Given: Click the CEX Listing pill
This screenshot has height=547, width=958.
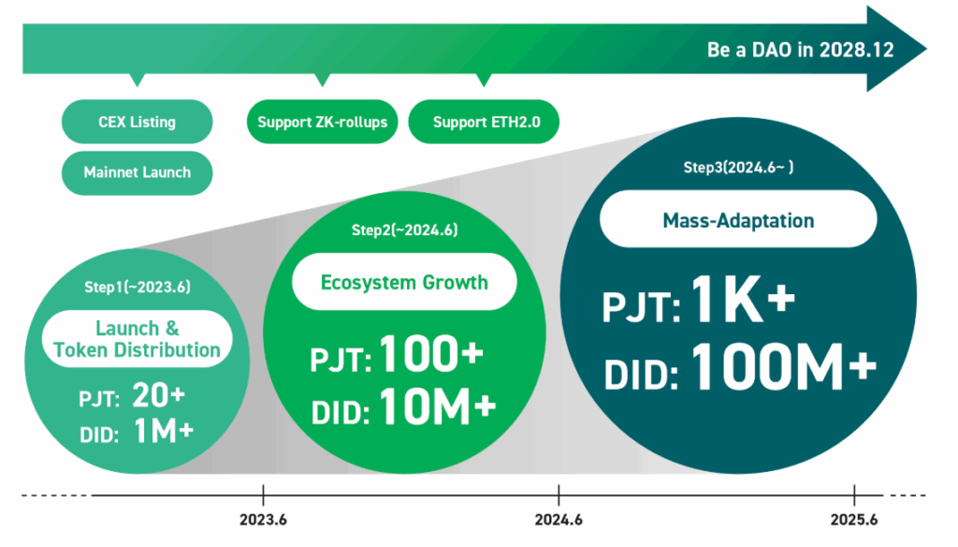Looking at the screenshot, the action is click(137, 122).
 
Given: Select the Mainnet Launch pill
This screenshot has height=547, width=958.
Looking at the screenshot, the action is click(137, 173).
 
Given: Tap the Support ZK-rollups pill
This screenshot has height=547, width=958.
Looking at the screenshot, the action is click(322, 122).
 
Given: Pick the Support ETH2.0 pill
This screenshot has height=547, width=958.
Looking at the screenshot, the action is click(484, 122).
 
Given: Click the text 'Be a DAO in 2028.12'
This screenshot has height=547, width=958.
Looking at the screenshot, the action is click(801, 50).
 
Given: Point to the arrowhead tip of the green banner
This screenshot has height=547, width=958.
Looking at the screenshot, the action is click(927, 49).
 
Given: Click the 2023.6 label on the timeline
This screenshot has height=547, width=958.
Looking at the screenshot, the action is click(263, 520).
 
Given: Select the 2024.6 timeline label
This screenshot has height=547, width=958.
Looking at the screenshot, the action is click(559, 520).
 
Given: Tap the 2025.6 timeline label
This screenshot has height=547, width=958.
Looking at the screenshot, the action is click(854, 520).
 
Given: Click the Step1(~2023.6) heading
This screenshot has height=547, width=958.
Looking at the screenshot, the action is click(138, 287).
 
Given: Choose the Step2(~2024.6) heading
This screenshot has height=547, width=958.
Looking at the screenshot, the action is click(404, 230).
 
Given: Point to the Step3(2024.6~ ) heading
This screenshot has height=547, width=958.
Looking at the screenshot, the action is click(738, 168).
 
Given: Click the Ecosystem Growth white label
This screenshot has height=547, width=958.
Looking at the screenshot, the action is click(404, 282).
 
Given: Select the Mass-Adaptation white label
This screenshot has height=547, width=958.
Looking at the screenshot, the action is click(738, 219).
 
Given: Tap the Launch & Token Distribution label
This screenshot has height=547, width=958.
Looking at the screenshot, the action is click(137, 339).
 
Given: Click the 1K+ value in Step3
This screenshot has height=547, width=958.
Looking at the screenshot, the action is click(743, 299).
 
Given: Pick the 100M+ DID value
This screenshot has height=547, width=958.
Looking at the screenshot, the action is click(784, 366).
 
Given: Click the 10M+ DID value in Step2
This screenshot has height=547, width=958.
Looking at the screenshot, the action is click(438, 407).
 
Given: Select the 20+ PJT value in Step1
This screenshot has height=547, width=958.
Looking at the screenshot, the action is click(158, 395).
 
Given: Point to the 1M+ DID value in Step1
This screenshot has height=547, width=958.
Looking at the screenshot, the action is click(163, 432).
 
